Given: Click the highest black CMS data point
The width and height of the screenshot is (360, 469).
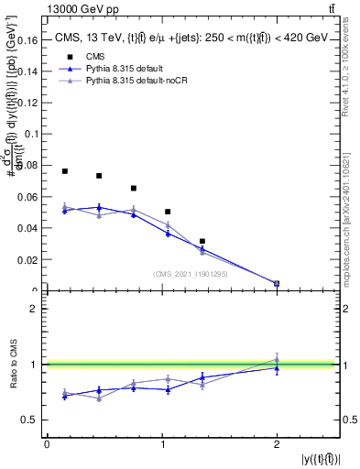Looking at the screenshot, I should point(64,171).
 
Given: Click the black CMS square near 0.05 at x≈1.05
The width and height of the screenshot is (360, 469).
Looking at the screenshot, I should point(168,212).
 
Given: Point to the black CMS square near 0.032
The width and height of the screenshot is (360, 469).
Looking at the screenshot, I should point(202,241).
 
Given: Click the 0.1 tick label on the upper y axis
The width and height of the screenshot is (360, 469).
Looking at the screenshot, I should point(34,134).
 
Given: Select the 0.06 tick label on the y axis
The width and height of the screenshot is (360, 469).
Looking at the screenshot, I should point(29,197).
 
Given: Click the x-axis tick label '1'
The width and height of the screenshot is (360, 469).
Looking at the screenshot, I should point(162,444).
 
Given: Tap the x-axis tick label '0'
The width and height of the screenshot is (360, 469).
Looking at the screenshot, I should point(47,444).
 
